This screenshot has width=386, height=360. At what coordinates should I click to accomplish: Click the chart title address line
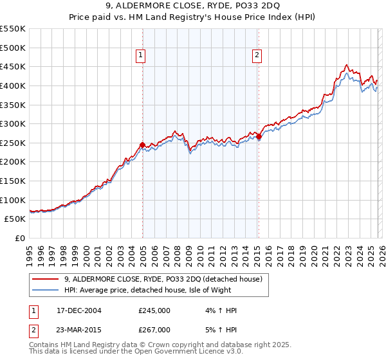(x=193, y=7)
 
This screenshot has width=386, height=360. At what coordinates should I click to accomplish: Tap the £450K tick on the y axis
(x=13, y=66)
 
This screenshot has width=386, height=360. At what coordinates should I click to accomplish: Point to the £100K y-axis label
(x=13, y=200)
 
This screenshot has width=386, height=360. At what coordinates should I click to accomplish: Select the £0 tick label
(x=20, y=238)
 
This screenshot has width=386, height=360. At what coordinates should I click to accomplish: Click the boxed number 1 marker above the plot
(x=142, y=56)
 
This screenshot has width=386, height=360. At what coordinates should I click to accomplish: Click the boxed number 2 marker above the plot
(x=258, y=56)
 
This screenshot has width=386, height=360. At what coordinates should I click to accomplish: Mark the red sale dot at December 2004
(x=142, y=145)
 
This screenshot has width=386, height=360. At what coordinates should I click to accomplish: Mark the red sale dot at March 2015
(x=259, y=136)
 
